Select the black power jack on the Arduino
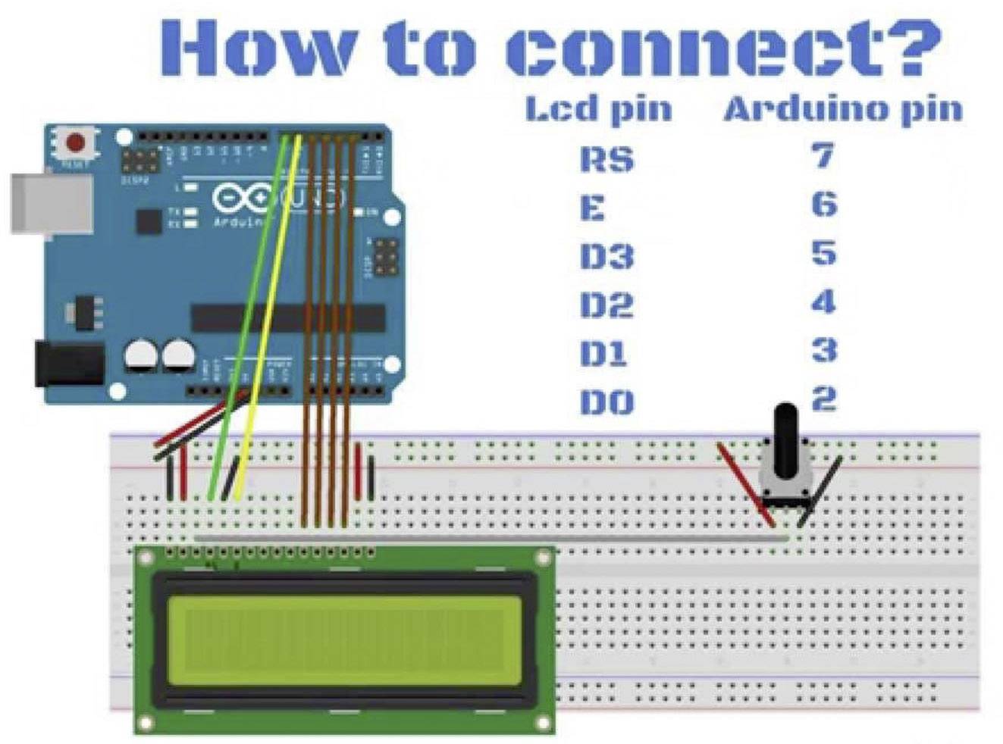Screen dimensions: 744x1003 tap(68, 364)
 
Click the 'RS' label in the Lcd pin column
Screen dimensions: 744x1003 tap(606, 159)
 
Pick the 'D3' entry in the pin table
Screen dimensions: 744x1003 tap(606, 256)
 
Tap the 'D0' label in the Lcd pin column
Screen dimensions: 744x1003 tap(606, 402)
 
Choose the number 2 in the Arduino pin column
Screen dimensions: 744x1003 tap(823, 399)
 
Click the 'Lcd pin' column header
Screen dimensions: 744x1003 tap(598, 109)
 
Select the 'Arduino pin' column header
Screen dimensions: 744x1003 tap(842, 109)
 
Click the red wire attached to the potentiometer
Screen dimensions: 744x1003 tap(747, 485)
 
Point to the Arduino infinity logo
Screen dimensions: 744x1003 tap(241, 199)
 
